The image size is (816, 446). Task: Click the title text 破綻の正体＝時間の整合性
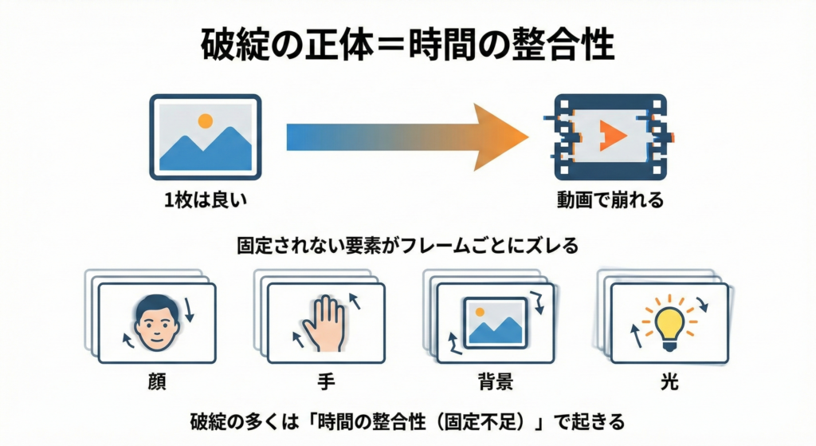click(407, 45)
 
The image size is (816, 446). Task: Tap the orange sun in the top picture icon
click(206, 121)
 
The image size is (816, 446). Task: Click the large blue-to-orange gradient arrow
click(406, 137)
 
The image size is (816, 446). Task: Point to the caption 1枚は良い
click(206, 200)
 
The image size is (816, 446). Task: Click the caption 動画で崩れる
click(610, 200)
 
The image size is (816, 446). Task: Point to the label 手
click(326, 381)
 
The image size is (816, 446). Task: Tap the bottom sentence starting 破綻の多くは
click(407, 420)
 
